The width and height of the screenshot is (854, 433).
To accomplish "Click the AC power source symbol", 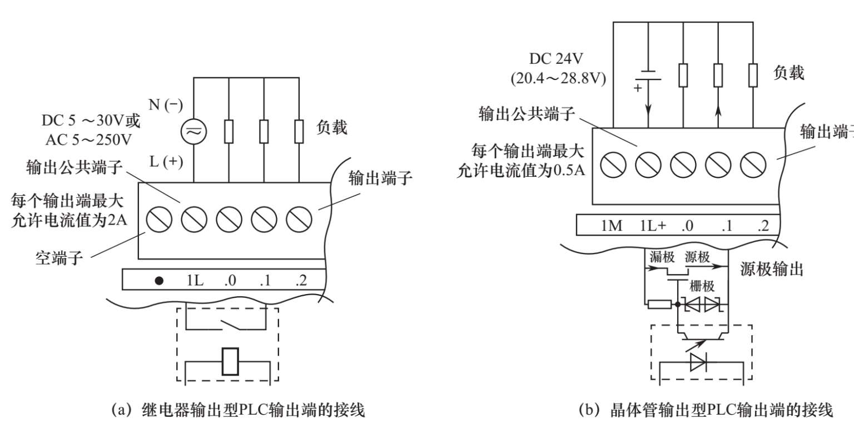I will pyautogui.click(x=193, y=131).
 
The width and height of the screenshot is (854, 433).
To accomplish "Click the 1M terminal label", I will pyautogui.click(x=612, y=226).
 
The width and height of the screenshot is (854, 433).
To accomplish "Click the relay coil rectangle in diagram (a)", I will pyautogui.click(x=230, y=361).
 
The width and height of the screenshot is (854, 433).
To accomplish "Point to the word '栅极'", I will pyautogui.click(x=702, y=286).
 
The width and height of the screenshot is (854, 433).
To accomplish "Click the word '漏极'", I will pyautogui.click(x=662, y=257).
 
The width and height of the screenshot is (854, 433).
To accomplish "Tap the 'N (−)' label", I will pyautogui.click(x=166, y=105).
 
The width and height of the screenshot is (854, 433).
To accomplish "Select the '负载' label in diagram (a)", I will pyautogui.click(x=331, y=128).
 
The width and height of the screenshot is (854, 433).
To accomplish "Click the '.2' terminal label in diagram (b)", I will pyautogui.click(x=762, y=226).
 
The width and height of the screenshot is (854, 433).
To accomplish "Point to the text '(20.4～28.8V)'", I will pyautogui.click(x=558, y=78).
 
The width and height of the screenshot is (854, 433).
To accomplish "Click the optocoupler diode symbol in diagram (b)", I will pyautogui.click(x=698, y=362).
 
